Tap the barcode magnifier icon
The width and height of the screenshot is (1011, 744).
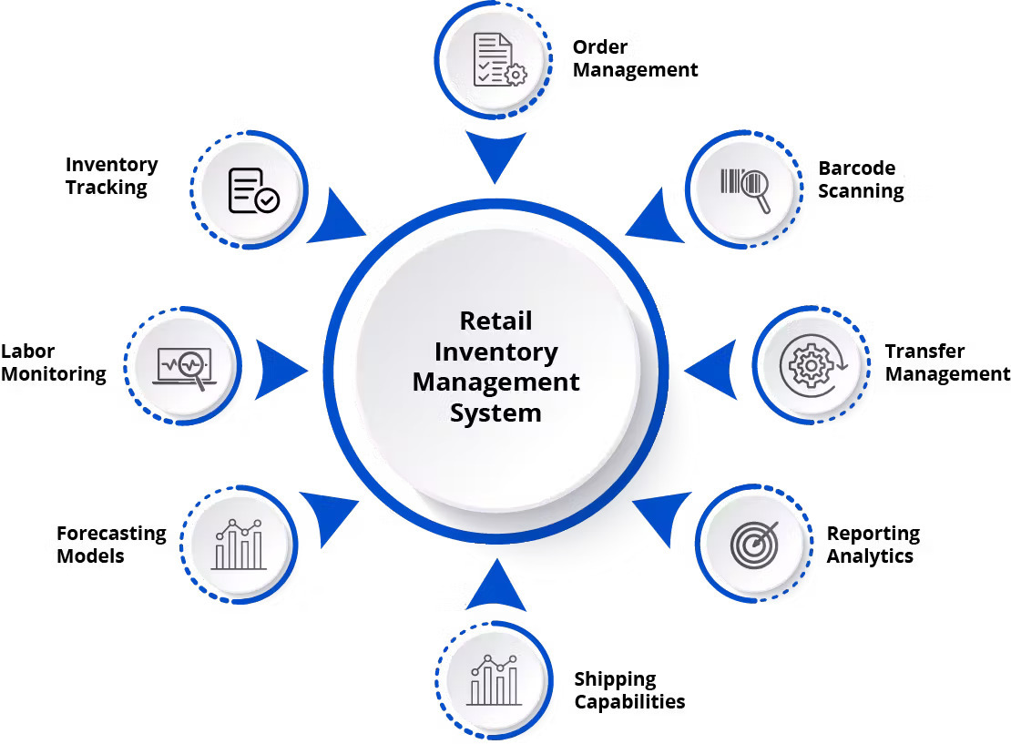[x=746, y=189]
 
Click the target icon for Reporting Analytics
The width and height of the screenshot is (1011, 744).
[x=754, y=543]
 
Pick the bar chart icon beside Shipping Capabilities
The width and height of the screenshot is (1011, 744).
[x=494, y=679]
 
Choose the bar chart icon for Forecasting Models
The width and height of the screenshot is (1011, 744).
[x=239, y=545]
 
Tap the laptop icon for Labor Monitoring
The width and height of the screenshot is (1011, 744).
[x=185, y=367]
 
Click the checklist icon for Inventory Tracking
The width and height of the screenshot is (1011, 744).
[x=252, y=190]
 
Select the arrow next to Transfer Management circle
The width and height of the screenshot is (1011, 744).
[x=711, y=370]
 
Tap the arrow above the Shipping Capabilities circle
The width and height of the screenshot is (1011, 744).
[x=495, y=585]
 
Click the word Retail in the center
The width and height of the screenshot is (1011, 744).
[x=495, y=321]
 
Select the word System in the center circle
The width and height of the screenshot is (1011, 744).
[x=495, y=413]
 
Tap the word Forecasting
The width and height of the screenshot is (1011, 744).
[x=111, y=534]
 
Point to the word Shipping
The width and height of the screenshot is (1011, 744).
[x=615, y=679]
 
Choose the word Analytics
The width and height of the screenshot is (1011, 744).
[x=869, y=556]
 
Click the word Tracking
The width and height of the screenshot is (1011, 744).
[x=106, y=188]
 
